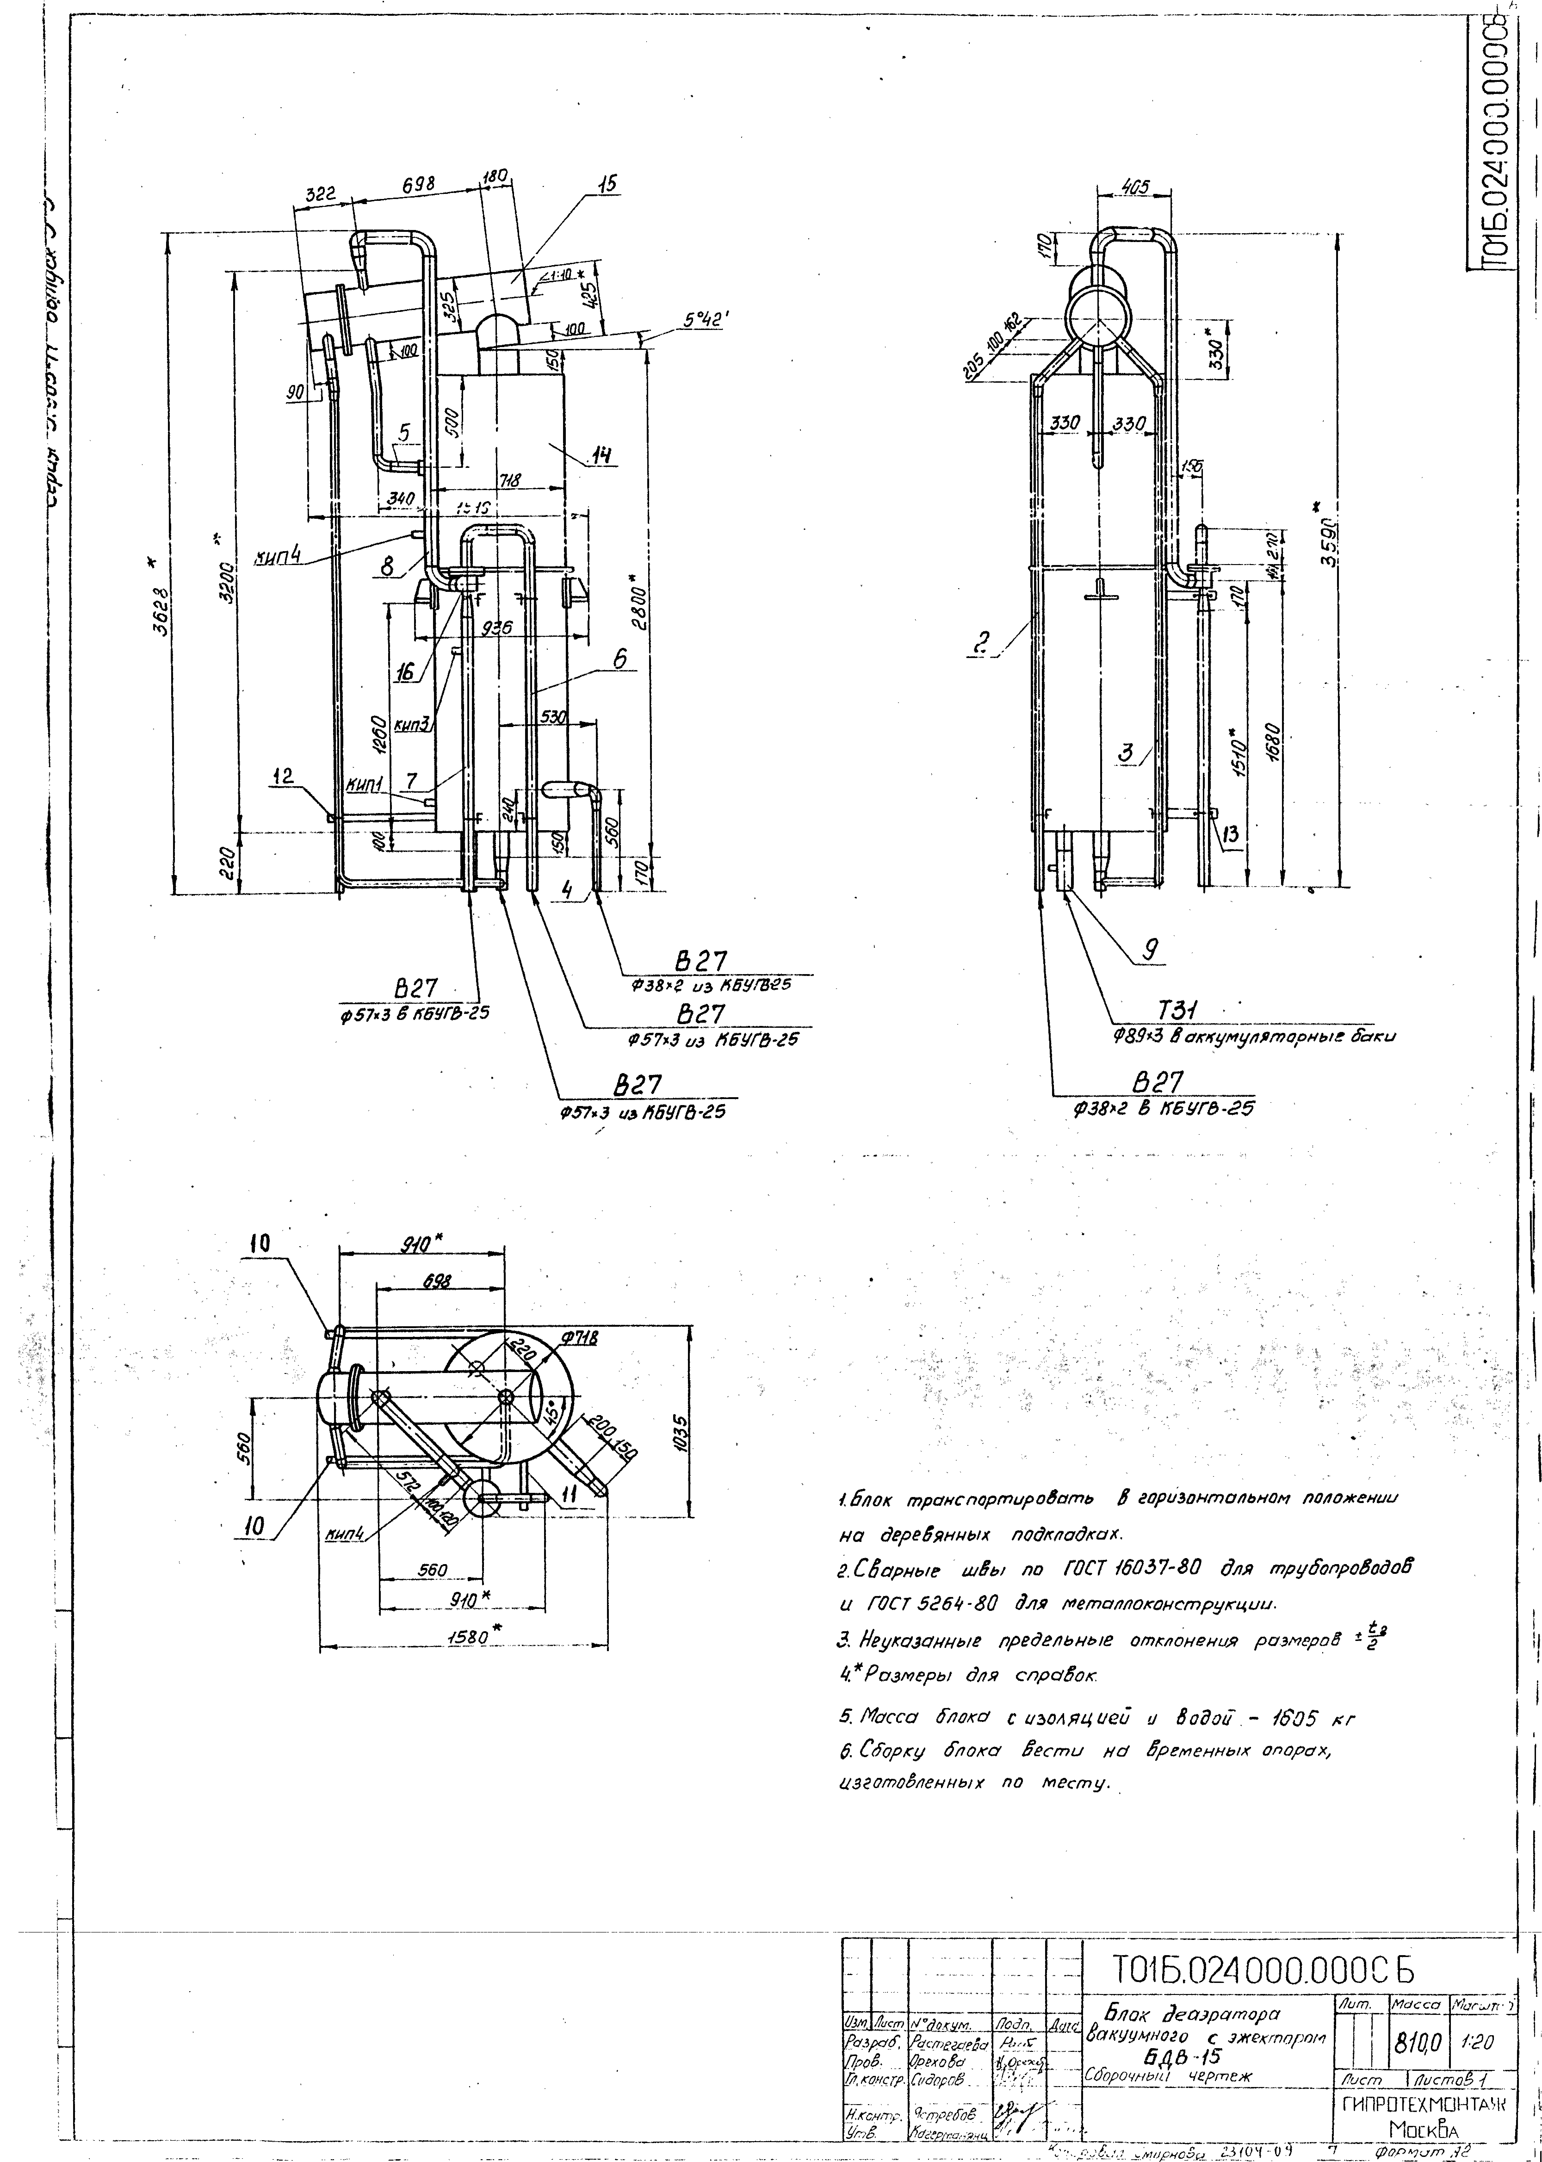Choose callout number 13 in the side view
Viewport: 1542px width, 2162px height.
1232,835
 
